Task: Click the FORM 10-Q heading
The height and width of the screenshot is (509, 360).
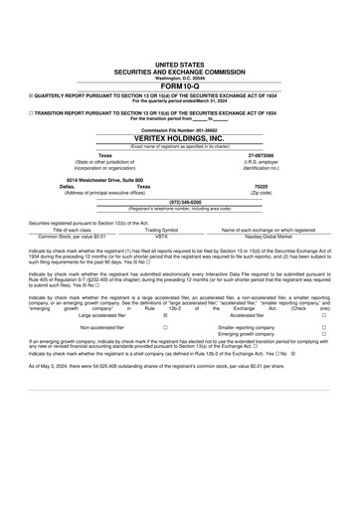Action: coord(179,85)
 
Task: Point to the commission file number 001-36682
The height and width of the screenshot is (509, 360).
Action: coord(179,130)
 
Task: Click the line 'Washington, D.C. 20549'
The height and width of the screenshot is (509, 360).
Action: coord(179,78)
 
